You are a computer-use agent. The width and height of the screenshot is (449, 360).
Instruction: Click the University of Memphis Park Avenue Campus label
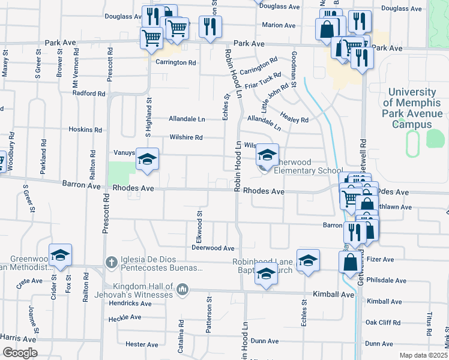tap(412, 109)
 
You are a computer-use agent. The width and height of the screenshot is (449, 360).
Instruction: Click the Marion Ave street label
tap(279, 25)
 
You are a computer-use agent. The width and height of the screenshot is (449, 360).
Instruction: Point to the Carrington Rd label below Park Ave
tap(176, 62)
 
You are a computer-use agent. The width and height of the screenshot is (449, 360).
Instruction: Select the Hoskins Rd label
tap(85, 130)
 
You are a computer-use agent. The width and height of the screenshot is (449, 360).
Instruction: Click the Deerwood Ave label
tap(212, 248)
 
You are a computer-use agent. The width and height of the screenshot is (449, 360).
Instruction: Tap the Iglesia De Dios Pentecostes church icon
tap(111, 262)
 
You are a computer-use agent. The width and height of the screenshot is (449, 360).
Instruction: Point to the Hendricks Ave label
tap(130, 304)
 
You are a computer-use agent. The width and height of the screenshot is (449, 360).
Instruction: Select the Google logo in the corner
tap(20, 353)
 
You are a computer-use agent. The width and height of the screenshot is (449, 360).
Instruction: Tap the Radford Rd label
tap(89, 94)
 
